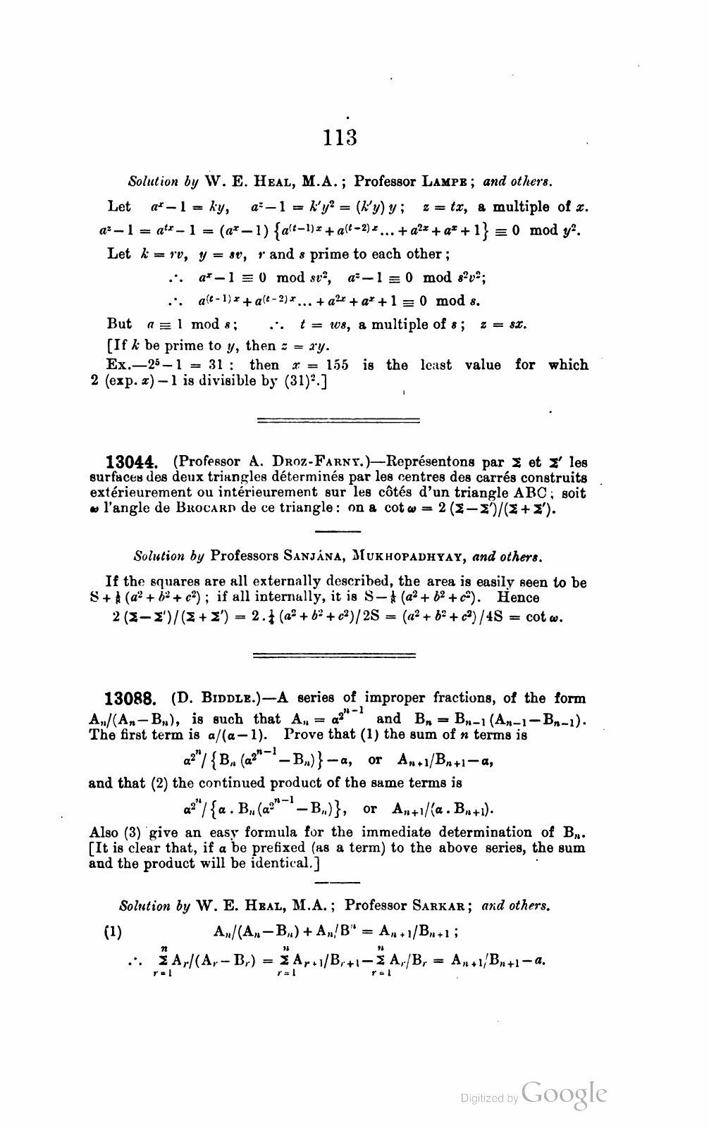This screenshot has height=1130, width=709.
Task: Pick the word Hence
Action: [x=519, y=597]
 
